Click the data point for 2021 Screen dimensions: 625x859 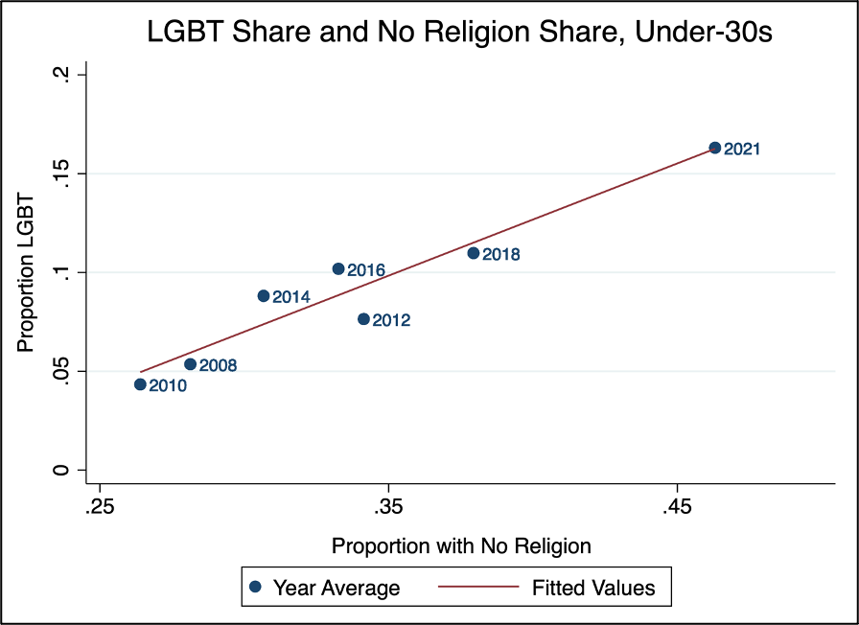[x=714, y=148]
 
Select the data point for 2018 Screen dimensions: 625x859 [x=473, y=253]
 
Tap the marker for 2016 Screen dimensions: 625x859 [x=337, y=269]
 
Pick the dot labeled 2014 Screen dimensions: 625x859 [x=264, y=296]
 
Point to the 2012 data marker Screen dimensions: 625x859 [x=363, y=319]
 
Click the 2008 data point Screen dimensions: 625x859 [x=190, y=364]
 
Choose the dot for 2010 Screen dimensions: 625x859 [x=140, y=384]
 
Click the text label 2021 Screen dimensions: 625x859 [x=742, y=150]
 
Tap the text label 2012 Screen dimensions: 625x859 [x=391, y=321]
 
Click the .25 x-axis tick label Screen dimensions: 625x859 [x=99, y=505]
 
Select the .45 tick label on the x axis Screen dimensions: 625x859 [x=677, y=505]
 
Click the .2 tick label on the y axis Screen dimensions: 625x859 [x=59, y=75]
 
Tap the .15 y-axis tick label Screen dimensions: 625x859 [x=59, y=174]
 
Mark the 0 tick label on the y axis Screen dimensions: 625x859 [x=59, y=470]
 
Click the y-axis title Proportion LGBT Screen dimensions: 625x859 [x=27, y=272]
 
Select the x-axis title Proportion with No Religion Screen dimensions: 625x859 [x=461, y=546]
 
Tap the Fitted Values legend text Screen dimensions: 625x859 [x=593, y=588]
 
